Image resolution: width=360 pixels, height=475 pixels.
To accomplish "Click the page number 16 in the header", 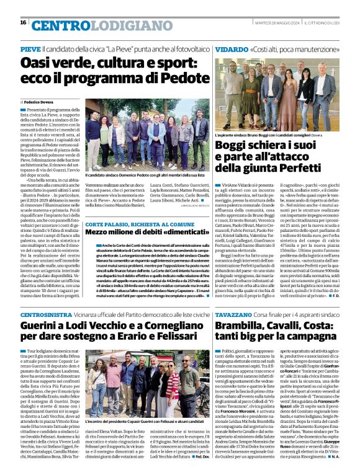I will (23, 23).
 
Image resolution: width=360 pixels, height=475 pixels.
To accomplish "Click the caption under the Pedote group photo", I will (143, 177).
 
